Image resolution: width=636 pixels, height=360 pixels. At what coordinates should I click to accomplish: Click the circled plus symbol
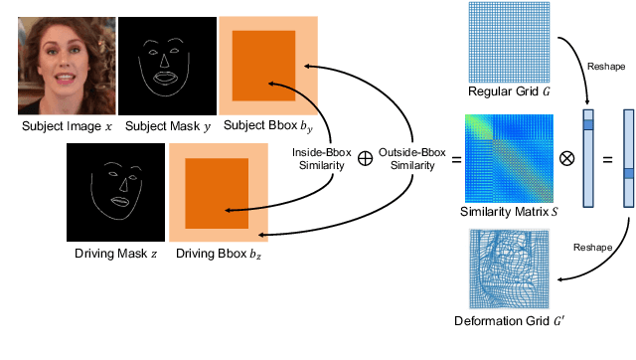[x=364, y=158]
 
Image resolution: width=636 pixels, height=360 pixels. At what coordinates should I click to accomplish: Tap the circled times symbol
[x=566, y=158]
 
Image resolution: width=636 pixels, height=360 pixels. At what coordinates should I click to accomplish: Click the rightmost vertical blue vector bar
[x=628, y=158]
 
